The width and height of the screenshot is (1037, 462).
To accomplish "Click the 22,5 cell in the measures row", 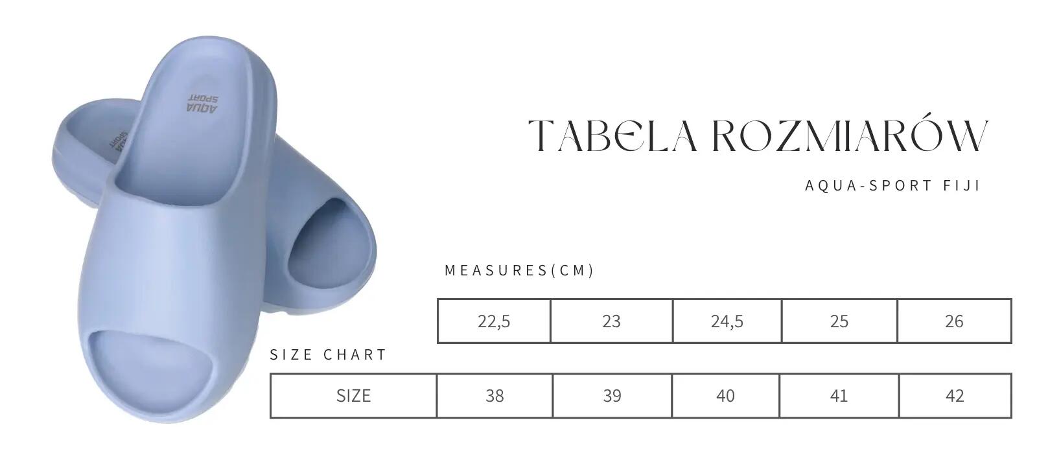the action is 494,321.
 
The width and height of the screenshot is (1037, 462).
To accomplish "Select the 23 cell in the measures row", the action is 612,321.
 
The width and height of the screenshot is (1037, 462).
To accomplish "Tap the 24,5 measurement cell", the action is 727,321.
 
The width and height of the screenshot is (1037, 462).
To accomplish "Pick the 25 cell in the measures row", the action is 839,321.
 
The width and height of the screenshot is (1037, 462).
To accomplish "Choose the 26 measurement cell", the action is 954,321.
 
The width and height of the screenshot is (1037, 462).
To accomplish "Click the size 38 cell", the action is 495,396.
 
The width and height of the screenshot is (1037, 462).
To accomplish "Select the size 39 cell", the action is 612,396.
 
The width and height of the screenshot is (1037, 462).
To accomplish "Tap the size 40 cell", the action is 725,396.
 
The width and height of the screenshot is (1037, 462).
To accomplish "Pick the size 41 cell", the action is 839,396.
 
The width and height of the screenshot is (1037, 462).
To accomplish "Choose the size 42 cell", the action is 955,396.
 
